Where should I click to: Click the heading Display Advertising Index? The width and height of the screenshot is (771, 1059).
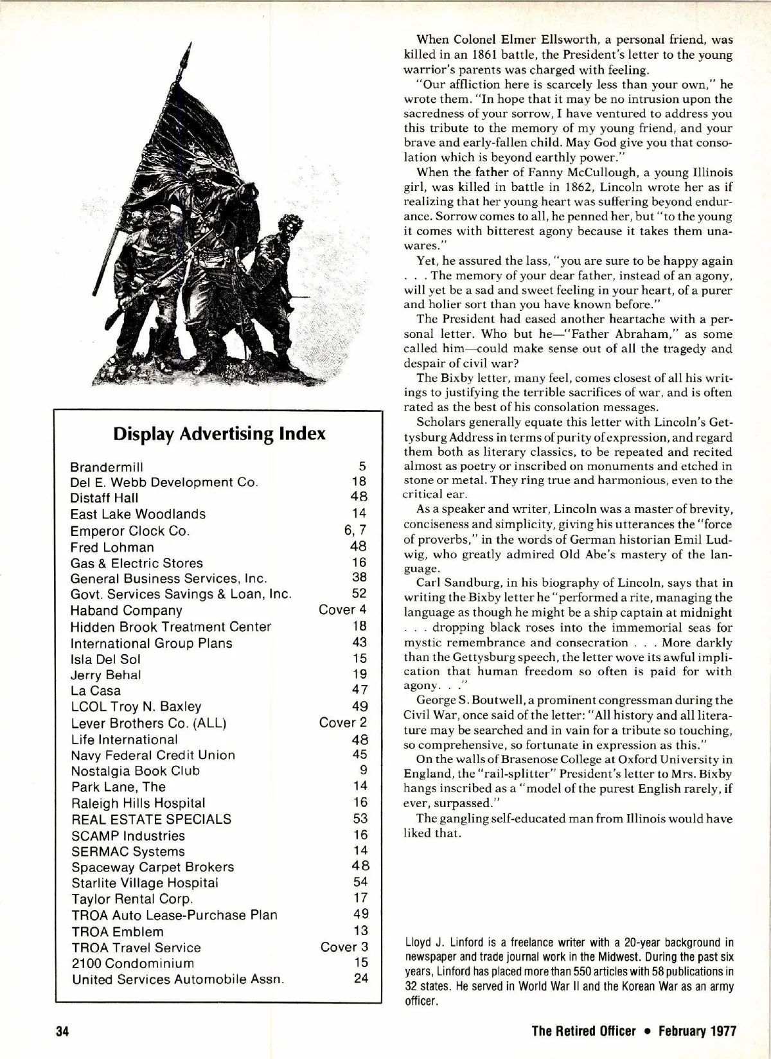(219, 433)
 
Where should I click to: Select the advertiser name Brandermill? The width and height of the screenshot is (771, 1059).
(107, 467)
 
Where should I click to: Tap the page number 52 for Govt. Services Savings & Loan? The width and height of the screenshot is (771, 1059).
(359, 593)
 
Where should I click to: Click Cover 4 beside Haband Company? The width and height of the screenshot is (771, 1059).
(342, 609)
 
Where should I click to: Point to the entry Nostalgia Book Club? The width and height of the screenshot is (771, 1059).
(136, 770)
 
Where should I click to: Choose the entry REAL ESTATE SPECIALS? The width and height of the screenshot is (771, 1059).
(151, 819)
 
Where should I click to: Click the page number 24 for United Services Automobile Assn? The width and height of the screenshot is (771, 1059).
(361, 978)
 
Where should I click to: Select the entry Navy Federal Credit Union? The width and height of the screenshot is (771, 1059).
(153, 755)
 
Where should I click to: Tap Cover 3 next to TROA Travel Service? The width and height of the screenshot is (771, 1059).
(344, 947)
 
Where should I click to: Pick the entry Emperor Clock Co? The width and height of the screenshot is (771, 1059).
(130, 531)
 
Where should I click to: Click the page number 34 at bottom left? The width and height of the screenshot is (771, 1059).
(62, 1031)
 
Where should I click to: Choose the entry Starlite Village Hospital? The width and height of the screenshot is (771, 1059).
(145, 883)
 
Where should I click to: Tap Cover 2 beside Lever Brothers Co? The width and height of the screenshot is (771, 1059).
(343, 722)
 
